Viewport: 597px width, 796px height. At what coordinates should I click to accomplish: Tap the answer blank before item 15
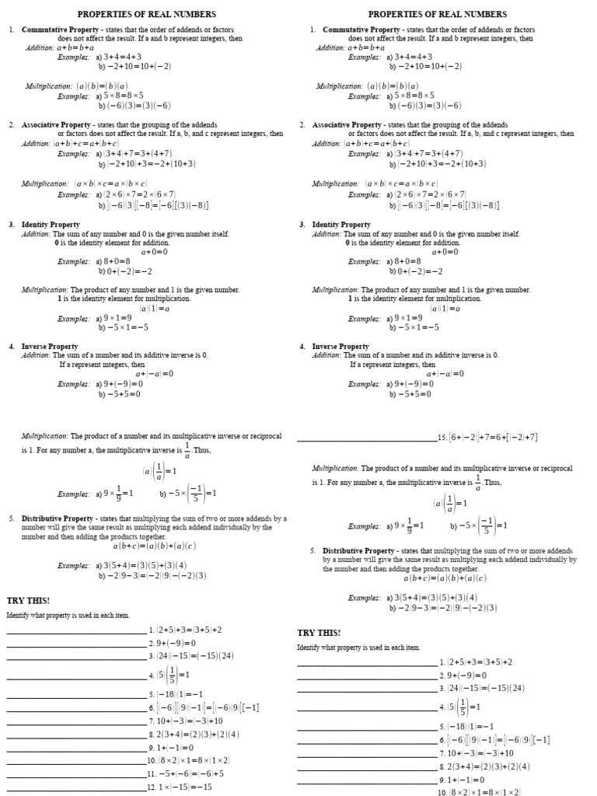(367, 440)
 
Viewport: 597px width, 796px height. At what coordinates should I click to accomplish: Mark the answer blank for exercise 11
(76, 776)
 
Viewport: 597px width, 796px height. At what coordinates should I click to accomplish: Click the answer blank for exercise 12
(76, 788)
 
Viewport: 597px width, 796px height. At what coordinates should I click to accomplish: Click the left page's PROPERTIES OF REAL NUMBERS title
(147, 14)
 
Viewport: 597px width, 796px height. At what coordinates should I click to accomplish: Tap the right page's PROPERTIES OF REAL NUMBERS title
(438, 14)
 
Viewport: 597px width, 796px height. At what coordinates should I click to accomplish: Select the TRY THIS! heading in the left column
(28, 600)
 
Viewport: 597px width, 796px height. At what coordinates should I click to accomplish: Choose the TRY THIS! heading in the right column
(319, 632)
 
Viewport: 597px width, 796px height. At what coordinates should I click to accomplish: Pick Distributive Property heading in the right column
(358, 550)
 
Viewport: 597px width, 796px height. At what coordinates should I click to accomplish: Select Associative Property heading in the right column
(347, 124)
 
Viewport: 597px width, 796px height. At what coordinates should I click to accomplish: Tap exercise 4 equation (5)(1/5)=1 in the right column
(463, 707)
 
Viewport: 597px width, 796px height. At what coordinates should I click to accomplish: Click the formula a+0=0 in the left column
(155, 252)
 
